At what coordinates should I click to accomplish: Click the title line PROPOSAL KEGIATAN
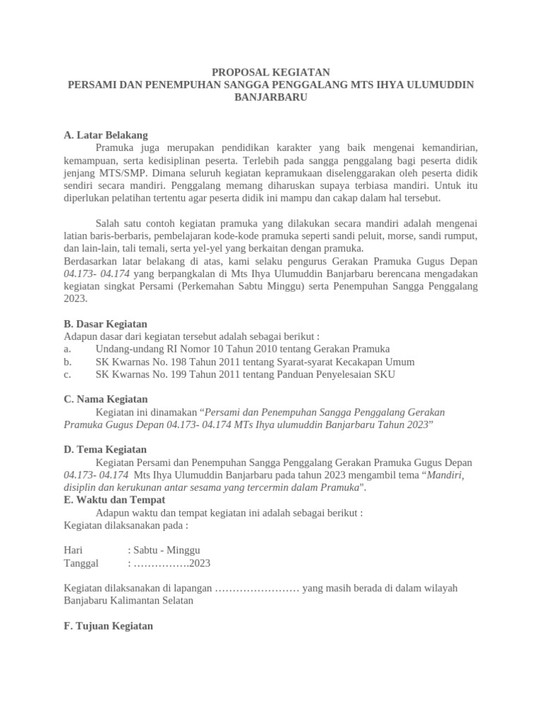[x=271, y=72]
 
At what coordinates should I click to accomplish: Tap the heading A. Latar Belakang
[x=105, y=135]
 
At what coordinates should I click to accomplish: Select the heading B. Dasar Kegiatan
[x=105, y=324]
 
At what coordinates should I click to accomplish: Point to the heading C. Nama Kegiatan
[x=105, y=399]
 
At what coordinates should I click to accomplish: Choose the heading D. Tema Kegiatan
[x=105, y=449]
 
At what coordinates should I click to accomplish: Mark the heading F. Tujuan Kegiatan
[x=108, y=626]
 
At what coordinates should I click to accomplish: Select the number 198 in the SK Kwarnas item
[x=173, y=362]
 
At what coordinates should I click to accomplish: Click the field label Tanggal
[x=81, y=563]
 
